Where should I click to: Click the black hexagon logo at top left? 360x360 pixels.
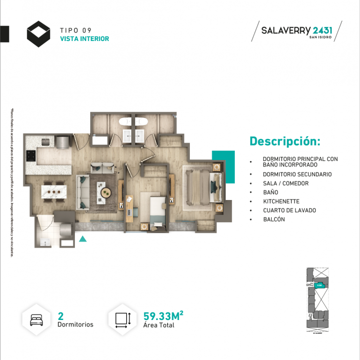click(38, 34)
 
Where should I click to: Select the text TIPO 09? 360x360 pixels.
click(75, 30)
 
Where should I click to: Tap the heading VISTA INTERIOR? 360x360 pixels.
click(84, 39)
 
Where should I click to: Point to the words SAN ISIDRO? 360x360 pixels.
click(321, 38)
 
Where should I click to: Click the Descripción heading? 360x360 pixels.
click(285, 141)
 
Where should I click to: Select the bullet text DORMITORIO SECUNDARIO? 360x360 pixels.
click(297, 174)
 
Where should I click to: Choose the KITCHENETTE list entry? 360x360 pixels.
click(281, 201)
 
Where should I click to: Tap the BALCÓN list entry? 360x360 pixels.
click(274, 219)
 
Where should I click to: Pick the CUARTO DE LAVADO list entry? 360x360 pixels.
click(289, 210)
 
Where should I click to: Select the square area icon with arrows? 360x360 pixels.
click(122, 319)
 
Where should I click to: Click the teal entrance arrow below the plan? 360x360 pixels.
click(83, 239)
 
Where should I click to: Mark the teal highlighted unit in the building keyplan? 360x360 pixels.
click(319, 284)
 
